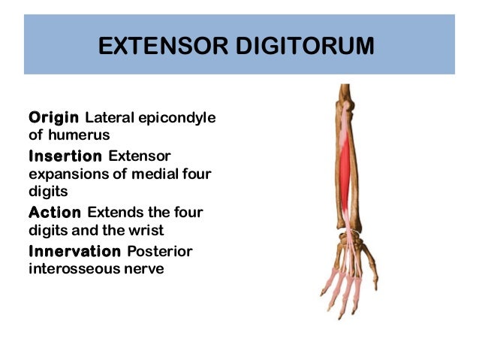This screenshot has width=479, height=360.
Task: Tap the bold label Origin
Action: point(55,117)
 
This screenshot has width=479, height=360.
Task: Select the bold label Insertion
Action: point(65,156)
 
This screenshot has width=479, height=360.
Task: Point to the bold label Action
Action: point(55,212)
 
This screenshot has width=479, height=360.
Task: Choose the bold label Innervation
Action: point(74,250)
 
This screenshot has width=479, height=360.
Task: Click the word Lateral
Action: point(111,118)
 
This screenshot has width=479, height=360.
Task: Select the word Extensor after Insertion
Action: point(140,156)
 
